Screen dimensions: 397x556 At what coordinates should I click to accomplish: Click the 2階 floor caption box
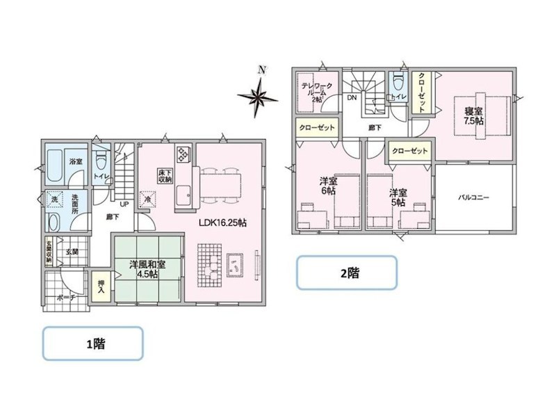point(347,273)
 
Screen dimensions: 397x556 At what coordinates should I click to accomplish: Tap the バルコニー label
point(474,198)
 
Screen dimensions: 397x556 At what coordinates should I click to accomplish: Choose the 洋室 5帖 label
point(398,197)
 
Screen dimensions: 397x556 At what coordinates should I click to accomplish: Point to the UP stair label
point(124,204)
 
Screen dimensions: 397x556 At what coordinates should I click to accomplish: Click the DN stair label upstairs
point(352,98)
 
